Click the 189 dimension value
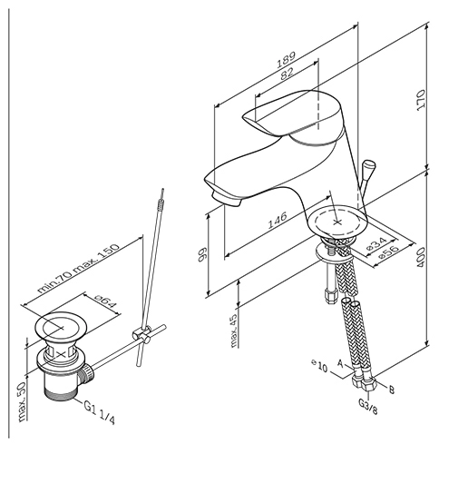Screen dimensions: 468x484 [x=286, y=59]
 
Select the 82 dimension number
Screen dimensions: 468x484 [x=287, y=74]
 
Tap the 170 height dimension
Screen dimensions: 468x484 [x=421, y=100]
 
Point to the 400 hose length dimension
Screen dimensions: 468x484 [x=421, y=257]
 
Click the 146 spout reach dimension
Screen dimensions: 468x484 [x=277, y=220]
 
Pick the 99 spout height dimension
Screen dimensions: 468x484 [x=202, y=254]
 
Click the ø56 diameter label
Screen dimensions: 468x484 [x=388, y=252]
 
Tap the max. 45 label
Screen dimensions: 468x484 [x=234, y=331]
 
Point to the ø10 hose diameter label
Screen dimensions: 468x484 [x=319, y=365]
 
